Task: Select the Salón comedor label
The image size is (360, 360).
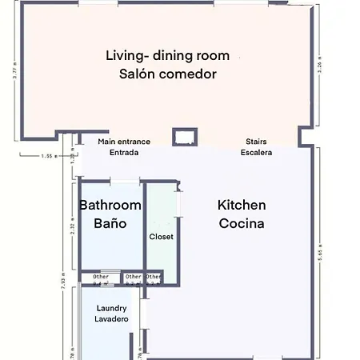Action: pos(167,74)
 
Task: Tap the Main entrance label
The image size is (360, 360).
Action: pos(124,142)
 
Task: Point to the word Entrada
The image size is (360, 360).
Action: pos(124,152)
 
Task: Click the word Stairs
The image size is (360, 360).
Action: pos(256,142)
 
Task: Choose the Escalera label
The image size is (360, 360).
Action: pos(256,152)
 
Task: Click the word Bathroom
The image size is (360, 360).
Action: pos(110,206)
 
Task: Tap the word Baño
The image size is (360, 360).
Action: pos(110,224)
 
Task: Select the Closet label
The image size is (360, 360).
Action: pos(162,237)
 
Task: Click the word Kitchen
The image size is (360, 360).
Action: pos(242,206)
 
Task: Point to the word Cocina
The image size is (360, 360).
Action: pos(242,224)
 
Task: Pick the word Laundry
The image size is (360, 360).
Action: pos(112,308)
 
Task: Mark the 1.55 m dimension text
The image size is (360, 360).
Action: pos(49,157)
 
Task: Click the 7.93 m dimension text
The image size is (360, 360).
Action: pos(62,283)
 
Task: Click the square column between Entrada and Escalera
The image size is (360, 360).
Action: pos(184,136)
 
